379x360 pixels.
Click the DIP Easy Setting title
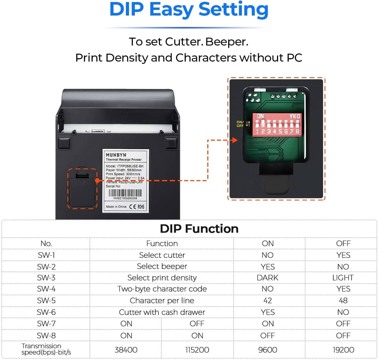tap(189, 10)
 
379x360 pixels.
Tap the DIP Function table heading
tap(199, 229)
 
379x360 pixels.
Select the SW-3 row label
tap(46, 278)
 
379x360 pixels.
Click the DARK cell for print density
tap(267, 278)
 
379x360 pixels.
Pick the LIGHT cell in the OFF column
tap(343, 278)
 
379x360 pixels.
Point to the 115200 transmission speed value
tap(197, 350)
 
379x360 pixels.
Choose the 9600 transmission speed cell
tap(267, 350)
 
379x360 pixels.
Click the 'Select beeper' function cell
tap(162, 266)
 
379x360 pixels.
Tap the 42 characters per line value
tap(267, 300)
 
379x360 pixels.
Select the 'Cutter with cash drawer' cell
tap(162, 312)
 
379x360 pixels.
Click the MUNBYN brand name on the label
tap(116, 155)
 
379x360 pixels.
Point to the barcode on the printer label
tap(125, 193)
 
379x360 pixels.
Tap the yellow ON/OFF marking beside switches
tap(240, 124)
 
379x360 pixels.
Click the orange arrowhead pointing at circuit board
tap(235, 140)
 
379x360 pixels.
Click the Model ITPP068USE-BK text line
tap(125, 166)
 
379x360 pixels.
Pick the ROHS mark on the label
tap(141, 207)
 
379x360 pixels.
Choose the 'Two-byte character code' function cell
tap(162, 289)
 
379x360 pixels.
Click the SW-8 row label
tap(46, 336)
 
